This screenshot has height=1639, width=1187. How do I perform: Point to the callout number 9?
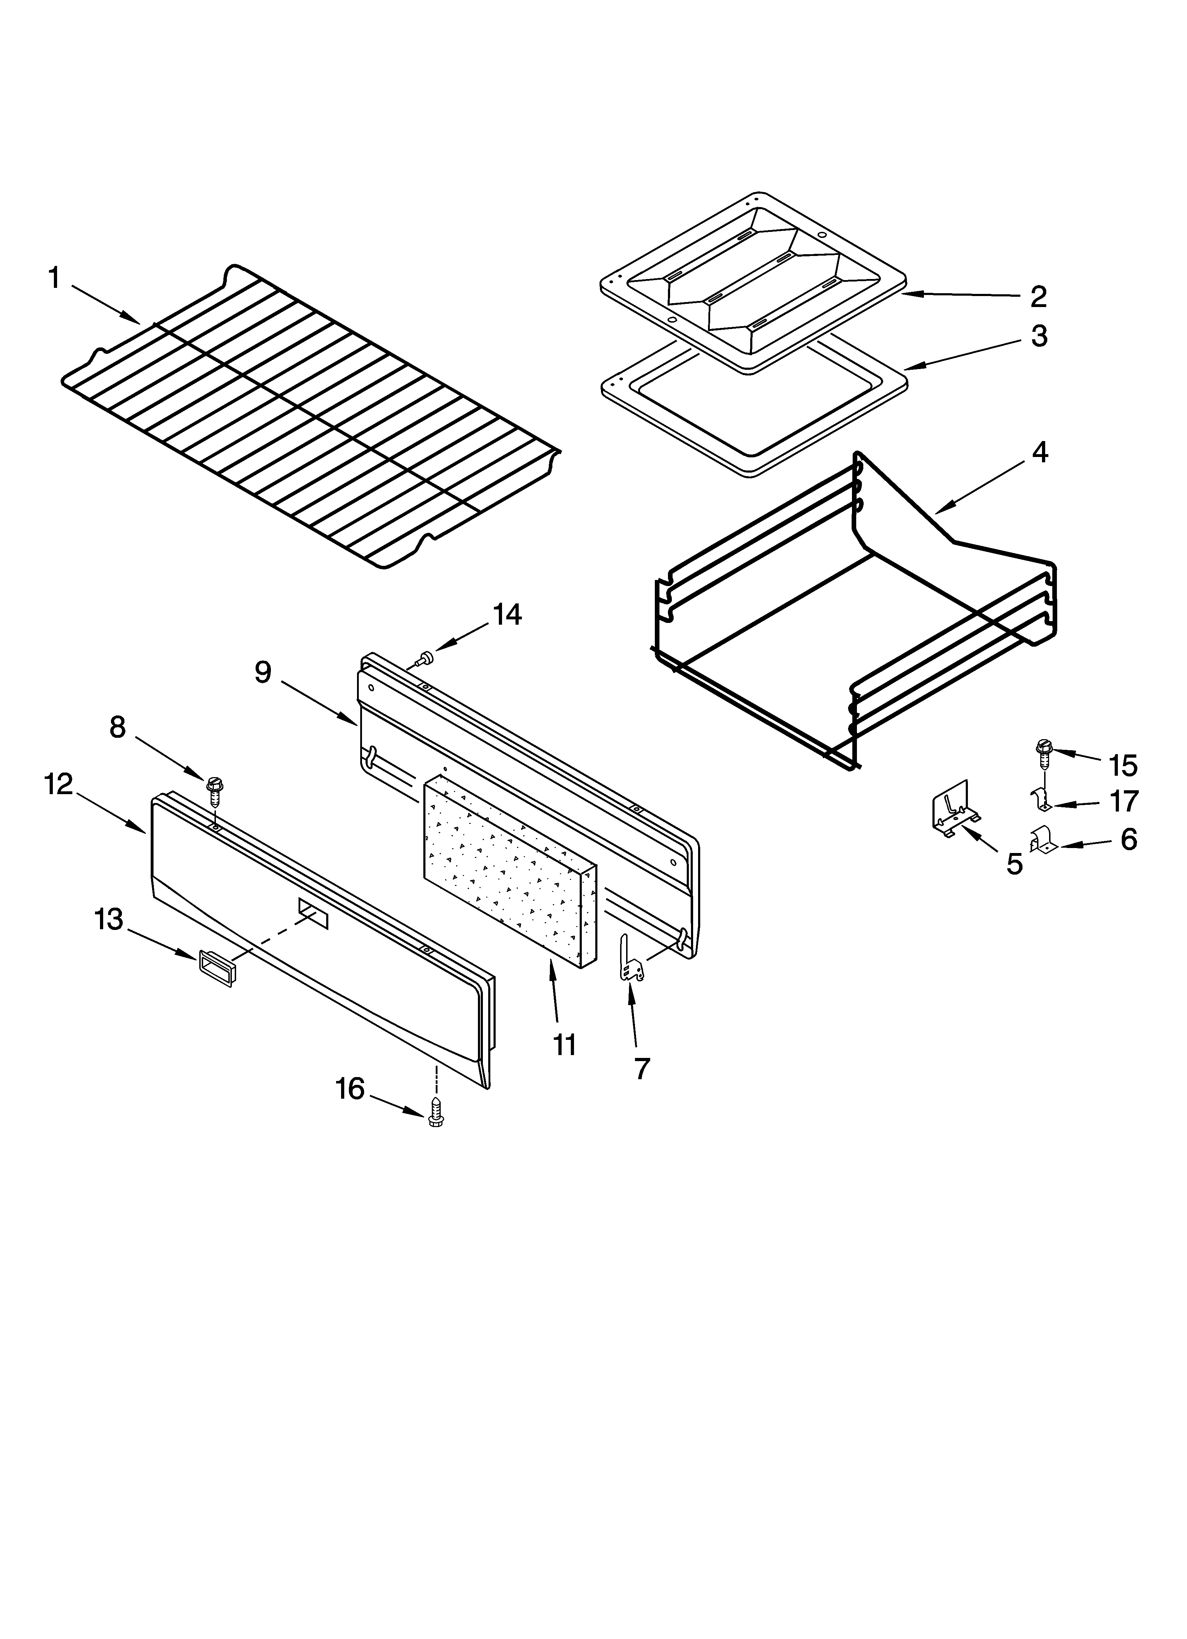click(263, 672)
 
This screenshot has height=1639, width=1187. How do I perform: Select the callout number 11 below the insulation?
click(564, 1044)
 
